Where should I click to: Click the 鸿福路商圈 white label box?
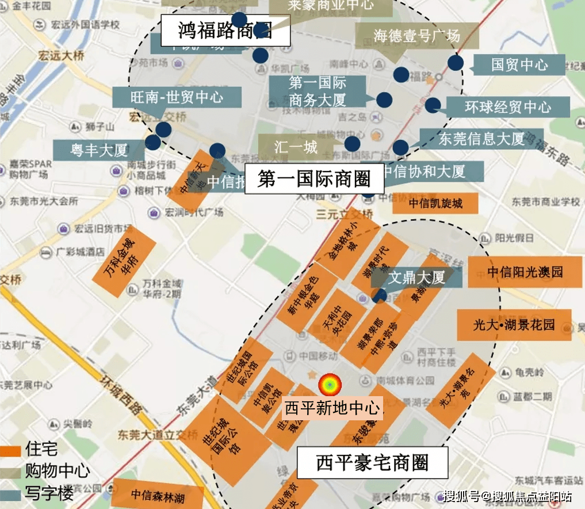225,31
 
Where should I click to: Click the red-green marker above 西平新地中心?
330,385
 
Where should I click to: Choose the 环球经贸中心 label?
507,107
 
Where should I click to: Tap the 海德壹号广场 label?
417,36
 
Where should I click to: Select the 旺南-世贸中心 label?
177,97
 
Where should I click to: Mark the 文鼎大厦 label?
416,278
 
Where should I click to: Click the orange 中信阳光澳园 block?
525,272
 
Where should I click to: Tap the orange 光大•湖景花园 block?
514,325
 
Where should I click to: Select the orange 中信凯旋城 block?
435,203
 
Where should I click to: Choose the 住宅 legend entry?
41,449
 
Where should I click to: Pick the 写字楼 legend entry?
48,494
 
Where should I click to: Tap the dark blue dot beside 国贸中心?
456,63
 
